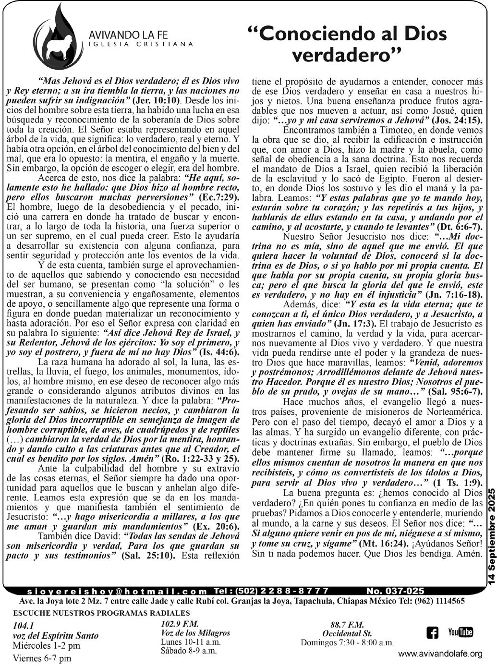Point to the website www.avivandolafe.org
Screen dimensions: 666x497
(x=440, y=654)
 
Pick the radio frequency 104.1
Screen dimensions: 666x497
(x=24, y=626)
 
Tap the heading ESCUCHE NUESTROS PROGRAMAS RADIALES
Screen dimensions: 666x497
(x=102, y=613)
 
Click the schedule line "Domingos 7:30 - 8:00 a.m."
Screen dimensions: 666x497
(x=347, y=642)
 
